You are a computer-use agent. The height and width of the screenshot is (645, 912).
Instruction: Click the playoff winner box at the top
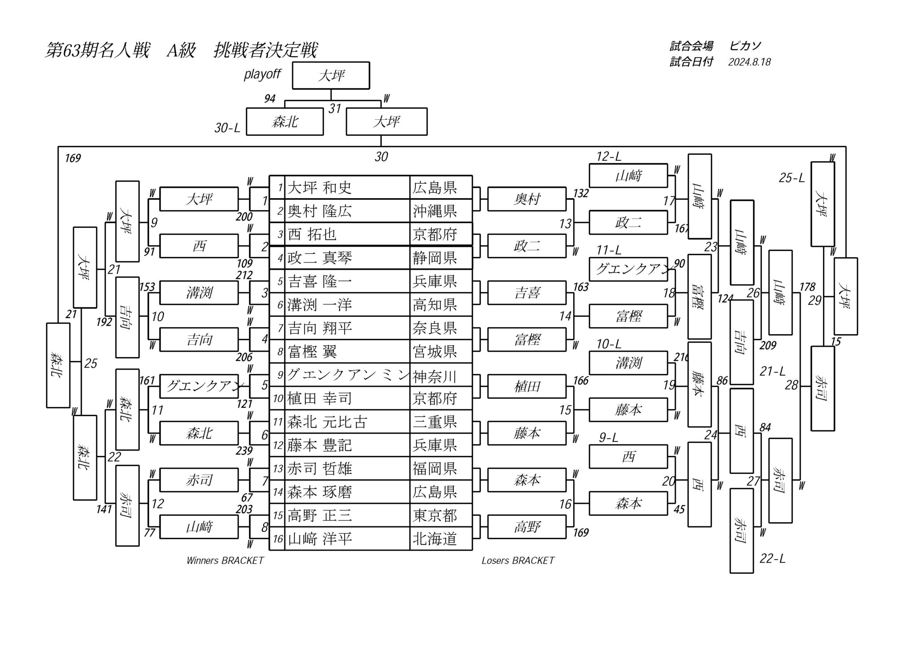[x=331, y=76]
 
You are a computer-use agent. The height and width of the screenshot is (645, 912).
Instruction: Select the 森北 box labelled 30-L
[x=285, y=122]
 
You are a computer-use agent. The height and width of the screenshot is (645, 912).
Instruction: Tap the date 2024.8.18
[x=749, y=62]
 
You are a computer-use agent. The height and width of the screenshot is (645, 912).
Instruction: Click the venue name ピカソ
[x=745, y=46]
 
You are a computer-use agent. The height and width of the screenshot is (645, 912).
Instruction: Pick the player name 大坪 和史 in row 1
[x=319, y=188]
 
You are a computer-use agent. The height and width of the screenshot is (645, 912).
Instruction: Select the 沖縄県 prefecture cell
[x=435, y=211]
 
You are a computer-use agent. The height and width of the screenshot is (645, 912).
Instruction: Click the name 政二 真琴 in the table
[x=319, y=258]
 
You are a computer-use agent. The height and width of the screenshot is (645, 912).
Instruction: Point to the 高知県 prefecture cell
[x=435, y=305]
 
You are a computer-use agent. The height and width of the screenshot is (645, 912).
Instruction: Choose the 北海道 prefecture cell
[x=435, y=539]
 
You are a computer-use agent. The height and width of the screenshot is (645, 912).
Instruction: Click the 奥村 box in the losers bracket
[x=527, y=199]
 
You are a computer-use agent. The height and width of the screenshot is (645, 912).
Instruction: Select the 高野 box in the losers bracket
[x=527, y=527]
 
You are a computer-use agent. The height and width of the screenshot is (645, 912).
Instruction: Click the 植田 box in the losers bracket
[x=527, y=386]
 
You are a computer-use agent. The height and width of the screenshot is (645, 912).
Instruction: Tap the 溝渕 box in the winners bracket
[x=199, y=293]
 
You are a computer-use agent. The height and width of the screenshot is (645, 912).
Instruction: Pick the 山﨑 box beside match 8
[x=199, y=527]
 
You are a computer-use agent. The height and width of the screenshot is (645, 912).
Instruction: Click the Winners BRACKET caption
[x=225, y=560]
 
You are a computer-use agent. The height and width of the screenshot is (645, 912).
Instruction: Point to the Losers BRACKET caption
[x=518, y=560]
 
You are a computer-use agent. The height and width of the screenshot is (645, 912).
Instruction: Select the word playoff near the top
[x=262, y=74]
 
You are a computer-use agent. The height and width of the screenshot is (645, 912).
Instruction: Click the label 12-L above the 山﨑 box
[x=609, y=157]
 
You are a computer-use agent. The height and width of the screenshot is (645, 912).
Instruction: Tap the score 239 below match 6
[x=244, y=450]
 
